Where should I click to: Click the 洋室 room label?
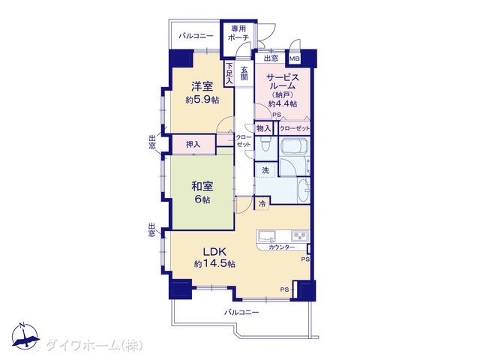point(202,86)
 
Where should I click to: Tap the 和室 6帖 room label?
point(202,193)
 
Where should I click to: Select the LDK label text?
point(215,252)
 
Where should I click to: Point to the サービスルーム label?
point(283,82)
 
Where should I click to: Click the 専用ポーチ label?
point(238,33)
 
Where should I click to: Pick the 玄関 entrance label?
point(244,73)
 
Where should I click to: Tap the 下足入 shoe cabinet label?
point(229,73)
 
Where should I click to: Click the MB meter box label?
point(295,58)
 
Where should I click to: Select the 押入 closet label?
point(193,144)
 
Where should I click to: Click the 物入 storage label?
point(263,128)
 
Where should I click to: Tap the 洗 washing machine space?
point(265,170)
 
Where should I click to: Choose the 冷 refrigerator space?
point(262,203)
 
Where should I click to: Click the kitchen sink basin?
point(267,236)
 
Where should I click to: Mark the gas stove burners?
point(300,235)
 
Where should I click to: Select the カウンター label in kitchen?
point(282,247)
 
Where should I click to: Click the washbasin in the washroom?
point(304,190)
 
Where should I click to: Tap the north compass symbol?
point(25,336)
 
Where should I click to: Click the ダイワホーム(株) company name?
point(94,346)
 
